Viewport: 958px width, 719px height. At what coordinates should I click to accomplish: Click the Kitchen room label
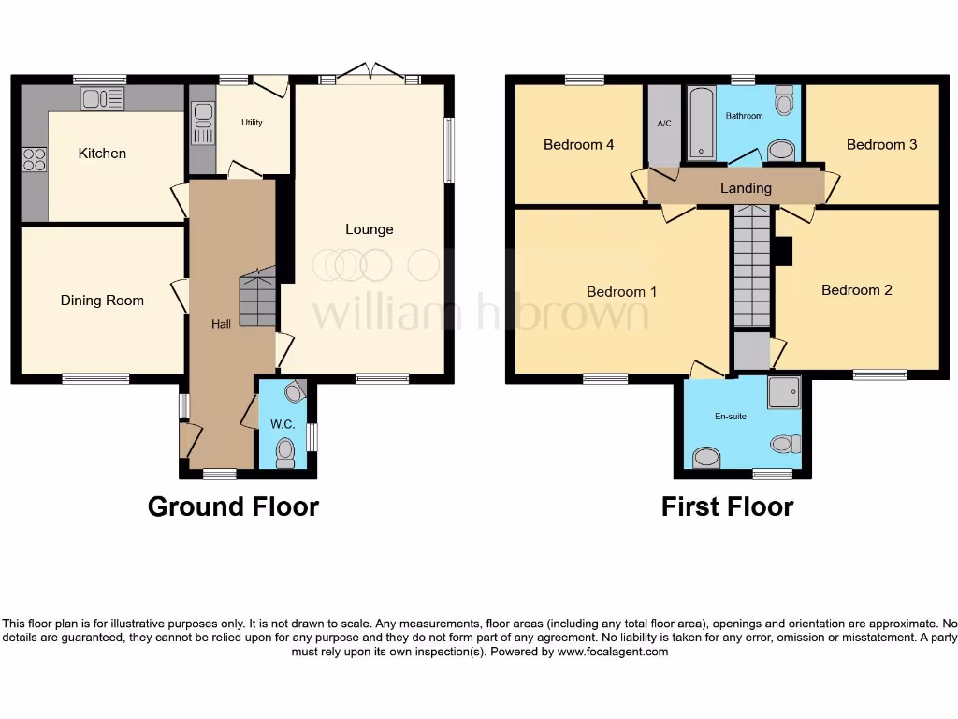pos(102,154)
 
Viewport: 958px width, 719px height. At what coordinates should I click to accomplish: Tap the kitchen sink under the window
pos(103,98)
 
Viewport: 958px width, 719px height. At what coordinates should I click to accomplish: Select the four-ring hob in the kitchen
pos(35,160)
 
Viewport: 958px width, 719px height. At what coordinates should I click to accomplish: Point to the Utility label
pos(252,123)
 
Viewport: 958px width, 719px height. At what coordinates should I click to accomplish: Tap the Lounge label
pos(369,229)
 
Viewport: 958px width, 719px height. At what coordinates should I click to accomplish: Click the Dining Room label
pos(102,301)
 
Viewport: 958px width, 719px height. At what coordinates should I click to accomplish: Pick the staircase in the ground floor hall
pos(257,298)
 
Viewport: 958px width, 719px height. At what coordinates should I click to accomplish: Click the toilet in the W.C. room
pos(286,454)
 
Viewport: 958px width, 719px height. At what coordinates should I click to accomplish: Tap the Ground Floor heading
pos(233,506)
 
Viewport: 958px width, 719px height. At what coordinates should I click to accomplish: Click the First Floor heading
pos(727,506)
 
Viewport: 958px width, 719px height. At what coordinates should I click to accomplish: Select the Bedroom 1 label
pos(621,292)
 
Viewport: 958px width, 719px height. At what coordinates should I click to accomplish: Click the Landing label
pos(746,188)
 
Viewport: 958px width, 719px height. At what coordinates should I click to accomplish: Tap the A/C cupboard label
pos(664,124)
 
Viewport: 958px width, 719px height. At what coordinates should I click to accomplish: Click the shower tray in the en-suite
pos(784,393)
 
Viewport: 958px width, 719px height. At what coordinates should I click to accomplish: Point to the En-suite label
pos(731,417)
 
